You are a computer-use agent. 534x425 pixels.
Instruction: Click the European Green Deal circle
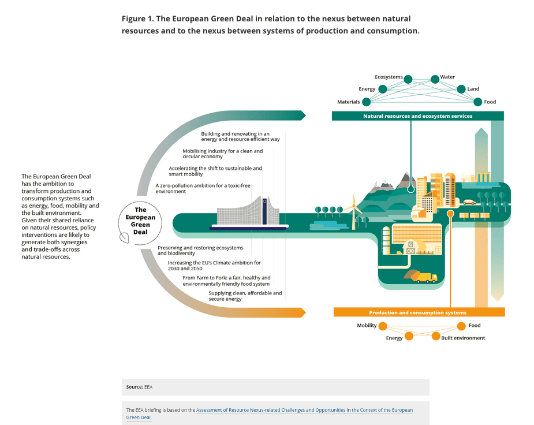[x=140, y=221]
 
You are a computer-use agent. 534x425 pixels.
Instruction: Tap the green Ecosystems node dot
[x=408, y=79]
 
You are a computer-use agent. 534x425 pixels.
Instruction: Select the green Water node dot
[x=435, y=79]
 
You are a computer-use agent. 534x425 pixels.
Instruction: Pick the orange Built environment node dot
[x=436, y=336]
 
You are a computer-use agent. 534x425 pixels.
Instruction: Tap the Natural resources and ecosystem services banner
[x=417, y=116]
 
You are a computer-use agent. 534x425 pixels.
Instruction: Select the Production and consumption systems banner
[x=419, y=312]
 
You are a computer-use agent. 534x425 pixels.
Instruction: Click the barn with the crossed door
[x=410, y=247]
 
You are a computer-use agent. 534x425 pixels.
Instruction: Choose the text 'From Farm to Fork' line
[x=226, y=281]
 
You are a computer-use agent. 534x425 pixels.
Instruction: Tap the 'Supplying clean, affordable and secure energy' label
[x=245, y=296]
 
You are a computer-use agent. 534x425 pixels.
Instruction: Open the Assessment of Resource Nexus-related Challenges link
[x=304, y=410]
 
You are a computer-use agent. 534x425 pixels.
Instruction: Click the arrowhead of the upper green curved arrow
[x=301, y=115]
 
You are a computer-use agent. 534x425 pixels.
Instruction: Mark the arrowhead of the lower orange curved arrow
[x=301, y=312]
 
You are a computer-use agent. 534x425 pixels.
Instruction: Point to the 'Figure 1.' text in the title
[x=137, y=19]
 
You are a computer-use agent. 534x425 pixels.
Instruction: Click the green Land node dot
[x=461, y=89]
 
